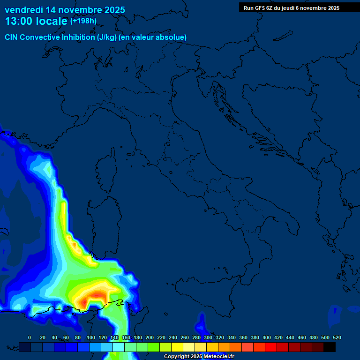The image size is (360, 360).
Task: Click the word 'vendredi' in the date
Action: (x=23, y=10)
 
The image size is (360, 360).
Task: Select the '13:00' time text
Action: (x=18, y=21)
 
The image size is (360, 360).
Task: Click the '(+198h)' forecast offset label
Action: (x=83, y=21)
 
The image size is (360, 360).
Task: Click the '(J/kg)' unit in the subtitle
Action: (x=108, y=37)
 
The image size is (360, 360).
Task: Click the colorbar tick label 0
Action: (x=30, y=337)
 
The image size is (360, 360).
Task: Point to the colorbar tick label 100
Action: (x=90, y=337)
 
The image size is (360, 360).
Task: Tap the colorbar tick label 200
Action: (x=150, y=337)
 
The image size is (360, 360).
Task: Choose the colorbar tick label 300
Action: (x=208, y=337)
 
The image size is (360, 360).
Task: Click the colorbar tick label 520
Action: (x=337, y=337)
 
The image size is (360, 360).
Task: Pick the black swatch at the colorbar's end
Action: (x=330, y=347)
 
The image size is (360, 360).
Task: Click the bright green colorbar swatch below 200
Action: (x=153, y=347)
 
